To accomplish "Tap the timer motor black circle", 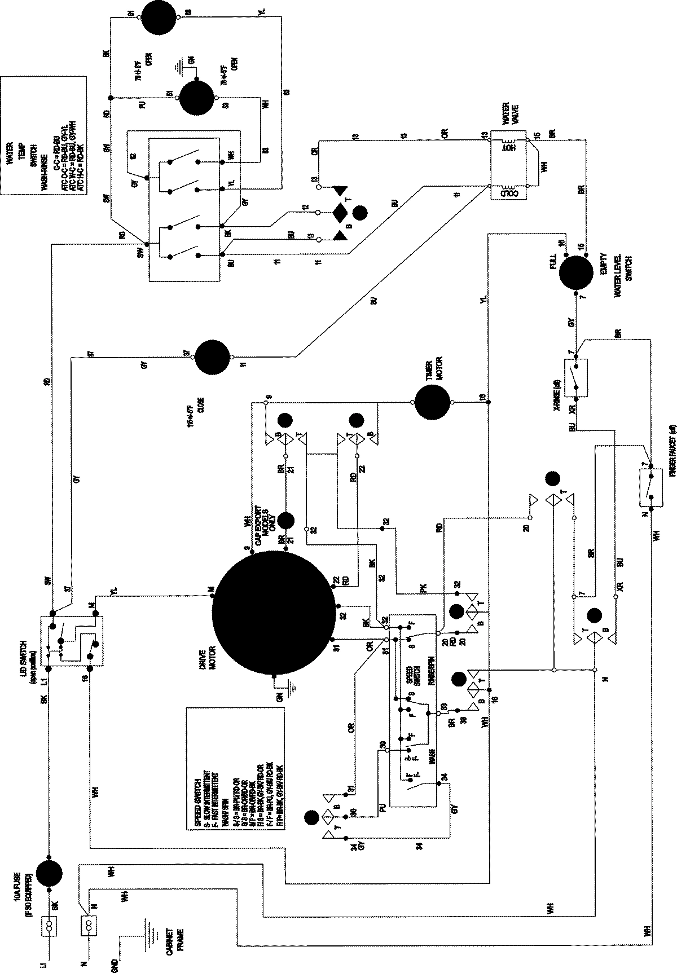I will [x=433, y=402].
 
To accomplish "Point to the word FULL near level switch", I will [x=553, y=261].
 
